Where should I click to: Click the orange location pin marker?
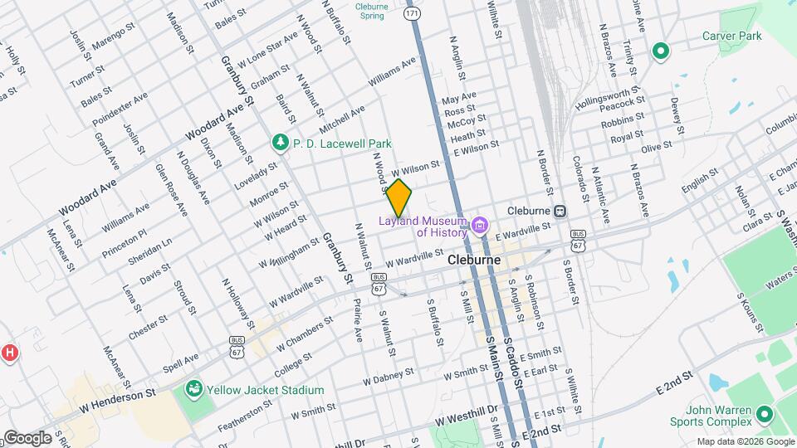tap(399, 197)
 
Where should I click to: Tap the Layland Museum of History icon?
tap(479, 226)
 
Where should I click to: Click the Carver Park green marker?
tap(661, 52)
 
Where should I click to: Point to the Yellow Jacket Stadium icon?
tap(194, 388)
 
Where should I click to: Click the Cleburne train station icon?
tap(560, 211)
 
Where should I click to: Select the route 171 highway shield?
tap(413, 14)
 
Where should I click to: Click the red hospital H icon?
tap(9, 353)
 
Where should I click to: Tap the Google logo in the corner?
tap(27, 438)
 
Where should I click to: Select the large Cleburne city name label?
tap(473, 260)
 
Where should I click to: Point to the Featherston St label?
tap(245, 415)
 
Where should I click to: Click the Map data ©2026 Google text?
tap(745, 441)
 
